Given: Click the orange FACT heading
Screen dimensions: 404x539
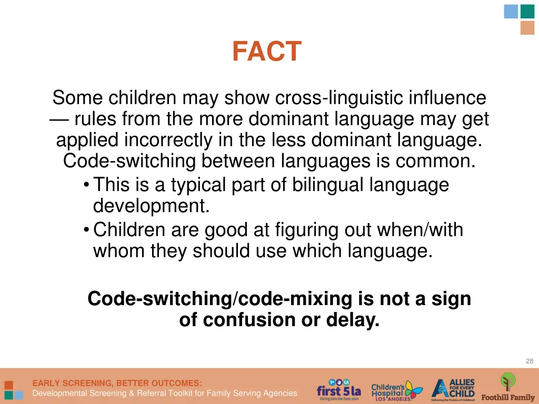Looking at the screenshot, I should (267, 52).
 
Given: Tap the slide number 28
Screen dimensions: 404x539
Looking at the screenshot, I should (529, 361).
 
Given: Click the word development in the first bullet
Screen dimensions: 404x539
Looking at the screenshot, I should (151, 206).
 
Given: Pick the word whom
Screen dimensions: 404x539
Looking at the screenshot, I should (119, 251).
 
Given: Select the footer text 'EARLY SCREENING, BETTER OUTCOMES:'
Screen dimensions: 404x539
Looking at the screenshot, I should (117, 383).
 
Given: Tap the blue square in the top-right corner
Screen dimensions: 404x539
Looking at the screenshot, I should (511, 12).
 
